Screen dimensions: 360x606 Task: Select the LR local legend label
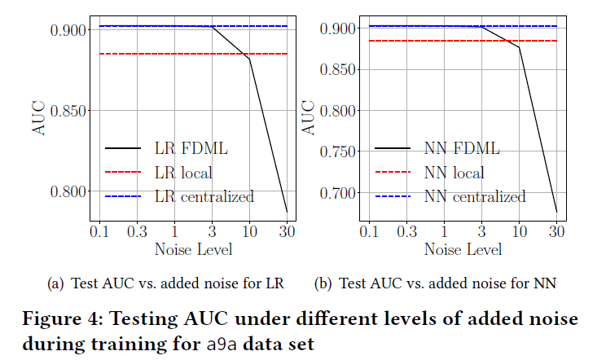(183, 173)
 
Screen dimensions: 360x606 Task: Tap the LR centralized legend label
(204, 196)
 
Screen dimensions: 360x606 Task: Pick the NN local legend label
(454, 173)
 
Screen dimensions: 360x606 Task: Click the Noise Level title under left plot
(193, 248)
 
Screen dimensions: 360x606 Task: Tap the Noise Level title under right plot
(463, 248)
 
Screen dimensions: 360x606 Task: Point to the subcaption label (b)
(324, 284)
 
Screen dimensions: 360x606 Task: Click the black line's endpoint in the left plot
(287, 212)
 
